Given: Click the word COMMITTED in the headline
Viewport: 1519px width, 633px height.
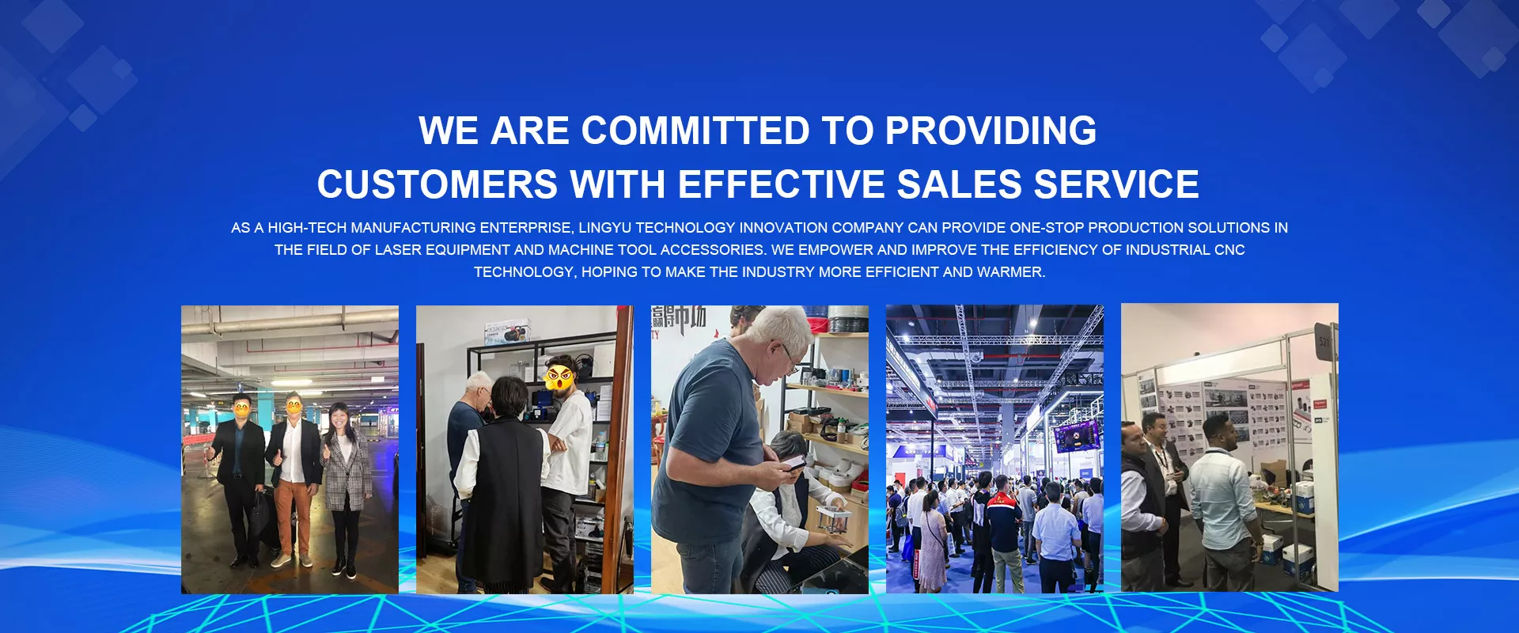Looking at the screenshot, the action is point(695,131).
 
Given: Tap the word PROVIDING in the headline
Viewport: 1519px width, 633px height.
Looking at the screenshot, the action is point(991,131).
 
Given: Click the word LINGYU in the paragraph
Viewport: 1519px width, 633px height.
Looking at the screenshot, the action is point(604,228).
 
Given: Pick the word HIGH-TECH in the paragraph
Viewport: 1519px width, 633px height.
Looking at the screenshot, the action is point(308,228).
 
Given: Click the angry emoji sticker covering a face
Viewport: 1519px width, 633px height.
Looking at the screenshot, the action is point(559,375).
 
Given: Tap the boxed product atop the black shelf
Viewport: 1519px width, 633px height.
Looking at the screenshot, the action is point(508,332).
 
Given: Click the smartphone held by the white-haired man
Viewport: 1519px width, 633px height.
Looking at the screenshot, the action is point(794,462).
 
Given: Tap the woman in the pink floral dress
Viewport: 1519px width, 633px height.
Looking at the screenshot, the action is point(932,546).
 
